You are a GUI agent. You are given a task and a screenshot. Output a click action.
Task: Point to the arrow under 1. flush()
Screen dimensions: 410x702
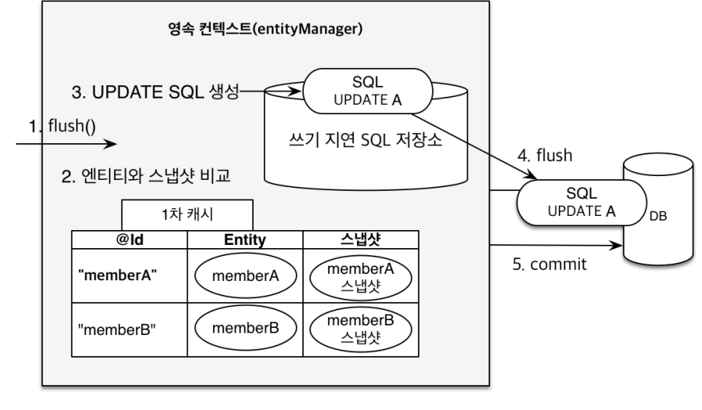(67, 145)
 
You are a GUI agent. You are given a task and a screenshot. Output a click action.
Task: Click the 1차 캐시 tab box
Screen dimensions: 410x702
(186, 212)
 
